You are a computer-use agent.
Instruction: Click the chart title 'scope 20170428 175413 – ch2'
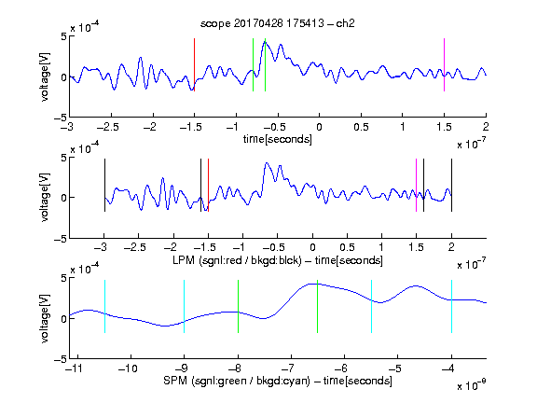278,23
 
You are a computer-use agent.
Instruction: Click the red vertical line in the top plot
195,64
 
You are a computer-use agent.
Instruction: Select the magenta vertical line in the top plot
444,64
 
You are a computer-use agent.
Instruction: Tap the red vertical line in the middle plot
208,185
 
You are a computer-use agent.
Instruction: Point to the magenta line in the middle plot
417,185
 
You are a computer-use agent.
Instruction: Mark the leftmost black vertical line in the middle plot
104,185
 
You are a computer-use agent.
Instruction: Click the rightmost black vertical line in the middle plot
452,185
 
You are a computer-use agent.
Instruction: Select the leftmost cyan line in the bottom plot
104,306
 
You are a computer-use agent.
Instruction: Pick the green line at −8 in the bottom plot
238,306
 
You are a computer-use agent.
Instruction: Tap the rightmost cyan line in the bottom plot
452,306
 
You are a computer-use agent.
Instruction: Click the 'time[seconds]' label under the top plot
278,139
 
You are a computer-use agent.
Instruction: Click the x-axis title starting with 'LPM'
278,260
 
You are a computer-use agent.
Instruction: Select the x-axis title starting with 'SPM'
278,381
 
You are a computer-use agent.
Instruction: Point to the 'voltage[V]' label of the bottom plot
45,318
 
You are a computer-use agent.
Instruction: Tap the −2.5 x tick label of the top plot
108,127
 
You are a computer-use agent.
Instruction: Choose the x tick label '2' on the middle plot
451,247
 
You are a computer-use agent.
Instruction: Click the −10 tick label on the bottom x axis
128,368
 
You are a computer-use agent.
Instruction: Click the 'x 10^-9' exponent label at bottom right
471,385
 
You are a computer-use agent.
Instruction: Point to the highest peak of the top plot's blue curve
265,41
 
